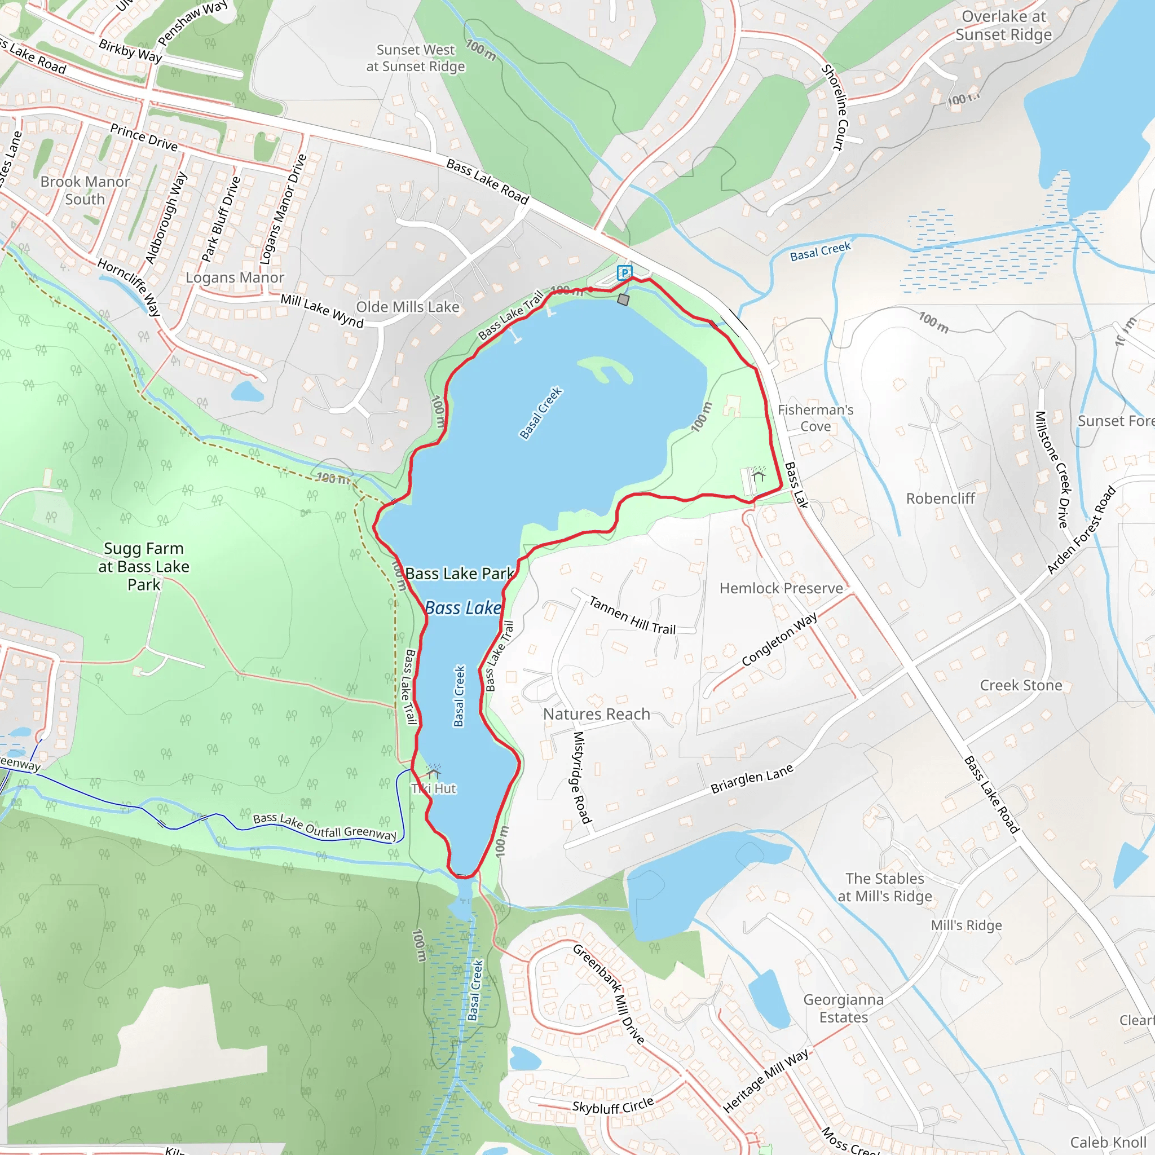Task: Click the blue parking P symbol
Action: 624,273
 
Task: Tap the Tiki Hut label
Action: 435,788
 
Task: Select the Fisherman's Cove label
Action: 815,418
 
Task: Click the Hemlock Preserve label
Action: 781,588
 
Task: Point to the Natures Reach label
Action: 596,714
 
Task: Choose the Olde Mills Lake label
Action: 408,307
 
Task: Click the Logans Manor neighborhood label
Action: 235,277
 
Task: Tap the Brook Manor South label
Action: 85,190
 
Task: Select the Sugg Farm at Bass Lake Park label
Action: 144,566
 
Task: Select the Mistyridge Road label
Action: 581,777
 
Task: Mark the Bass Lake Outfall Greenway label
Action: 325,827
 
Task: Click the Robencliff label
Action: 940,499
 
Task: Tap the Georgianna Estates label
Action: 843,1008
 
